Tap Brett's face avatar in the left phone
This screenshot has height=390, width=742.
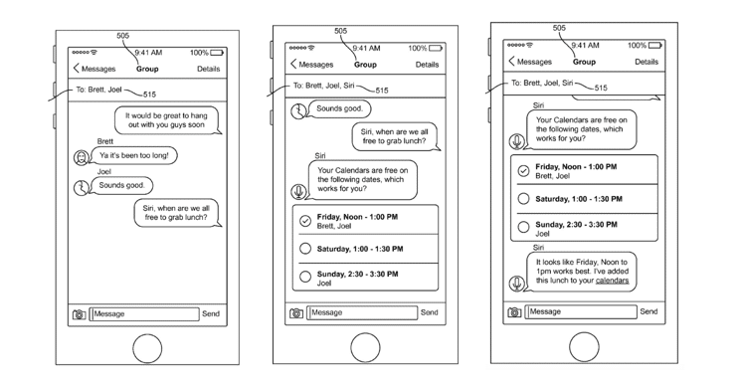pos(82,157)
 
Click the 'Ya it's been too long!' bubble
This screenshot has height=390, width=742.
pos(134,155)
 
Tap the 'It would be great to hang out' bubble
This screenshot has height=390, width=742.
pos(167,120)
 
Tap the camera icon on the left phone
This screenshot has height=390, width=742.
pos(79,314)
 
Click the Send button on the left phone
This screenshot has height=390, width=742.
pos(211,313)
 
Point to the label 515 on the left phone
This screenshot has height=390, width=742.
pos(149,95)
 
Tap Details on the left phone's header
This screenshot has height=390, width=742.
pos(208,69)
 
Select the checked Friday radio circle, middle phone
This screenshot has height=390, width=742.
pos(305,221)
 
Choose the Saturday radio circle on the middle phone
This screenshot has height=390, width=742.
pos(305,249)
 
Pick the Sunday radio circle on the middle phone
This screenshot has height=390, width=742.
pos(305,277)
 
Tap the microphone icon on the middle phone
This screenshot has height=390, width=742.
pos(298,192)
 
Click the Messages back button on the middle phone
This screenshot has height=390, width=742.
pos(312,65)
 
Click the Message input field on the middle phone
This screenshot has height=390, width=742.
pos(362,312)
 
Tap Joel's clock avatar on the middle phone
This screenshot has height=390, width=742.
pos(298,111)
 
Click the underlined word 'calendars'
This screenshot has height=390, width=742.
pos(612,281)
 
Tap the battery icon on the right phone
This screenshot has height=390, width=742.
pos(655,46)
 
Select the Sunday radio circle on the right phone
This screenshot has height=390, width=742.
pos(523,227)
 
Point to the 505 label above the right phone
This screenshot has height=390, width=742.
pos(559,28)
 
